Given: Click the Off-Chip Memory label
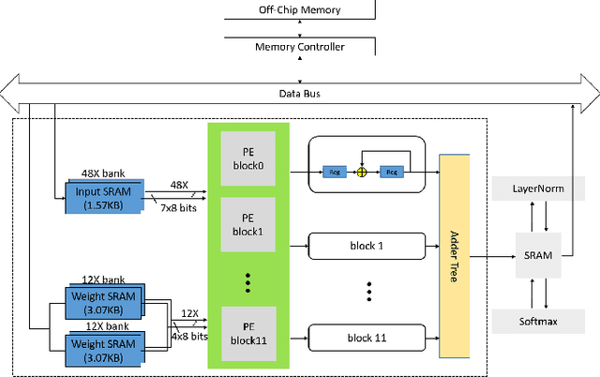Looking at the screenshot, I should [300, 10].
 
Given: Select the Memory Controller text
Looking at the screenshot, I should [300, 46].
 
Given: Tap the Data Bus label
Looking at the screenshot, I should [300, 94].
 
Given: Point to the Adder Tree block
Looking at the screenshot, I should [454, 256].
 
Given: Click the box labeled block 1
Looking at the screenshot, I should [361, 247].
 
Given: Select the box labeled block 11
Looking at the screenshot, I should [361, 337].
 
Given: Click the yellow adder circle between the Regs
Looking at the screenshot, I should [359, 173].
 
